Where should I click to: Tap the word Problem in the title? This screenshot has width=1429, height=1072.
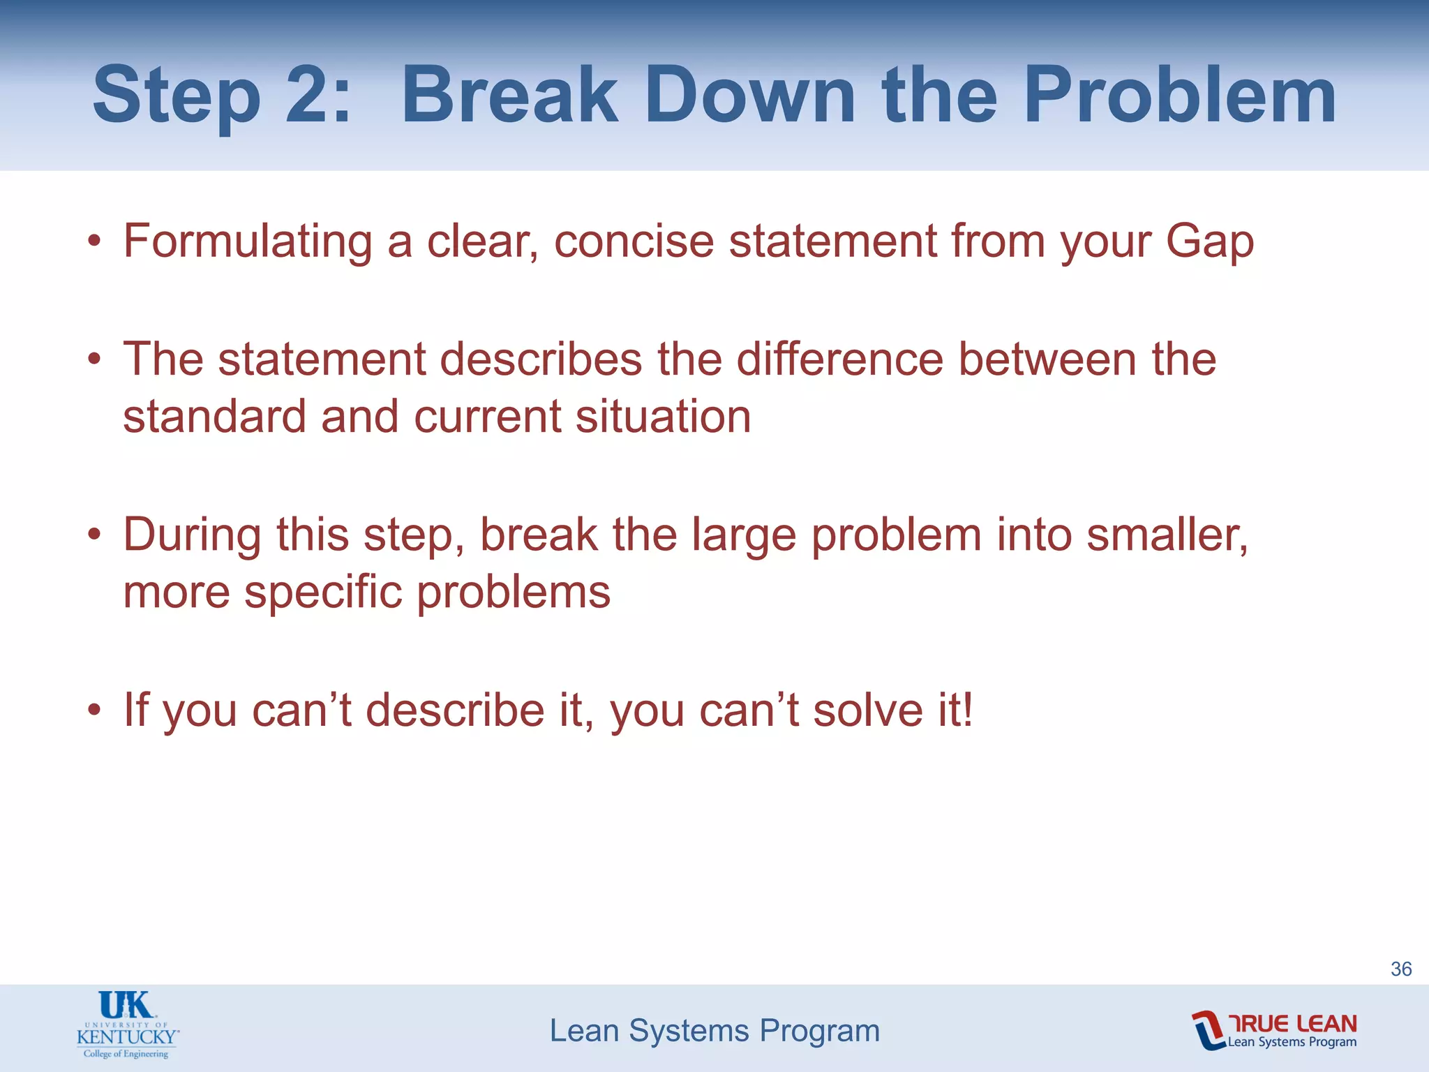point(1179,96)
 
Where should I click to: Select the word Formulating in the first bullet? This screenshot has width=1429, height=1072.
point(248,241)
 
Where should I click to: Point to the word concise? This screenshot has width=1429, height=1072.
point(634,241)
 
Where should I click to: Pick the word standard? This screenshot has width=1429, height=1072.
point(214,417)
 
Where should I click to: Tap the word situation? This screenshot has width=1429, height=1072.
point(663,417)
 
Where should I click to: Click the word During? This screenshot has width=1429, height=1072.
point(192,535)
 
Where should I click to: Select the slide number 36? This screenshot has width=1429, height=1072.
point(1401,969)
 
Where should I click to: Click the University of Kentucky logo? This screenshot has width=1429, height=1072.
point(128,1025)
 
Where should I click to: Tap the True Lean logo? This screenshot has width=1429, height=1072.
point(1274,1030)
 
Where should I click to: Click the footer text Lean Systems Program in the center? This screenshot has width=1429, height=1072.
point(714,1031)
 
